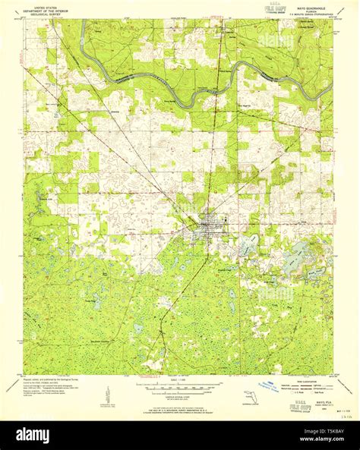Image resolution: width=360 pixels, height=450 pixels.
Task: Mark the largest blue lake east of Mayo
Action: click(295, 260)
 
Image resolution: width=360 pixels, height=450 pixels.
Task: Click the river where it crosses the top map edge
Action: click(81, 21)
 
